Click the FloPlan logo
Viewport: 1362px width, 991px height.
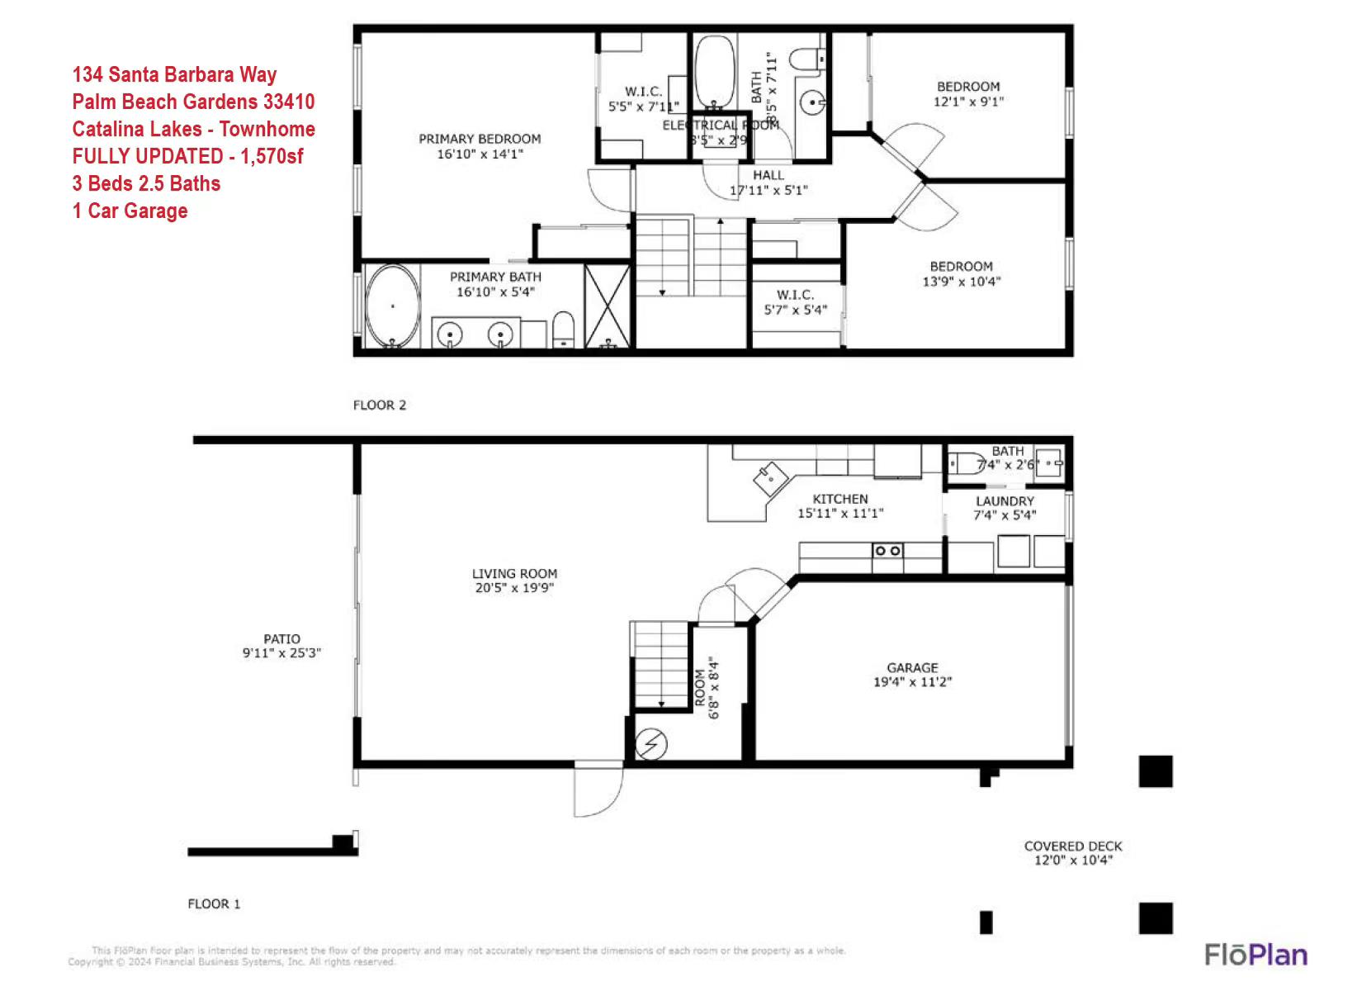1256,955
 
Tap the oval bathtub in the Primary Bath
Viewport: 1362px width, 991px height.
392,306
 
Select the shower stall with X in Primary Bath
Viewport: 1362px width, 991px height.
608,306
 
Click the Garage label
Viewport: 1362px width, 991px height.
912,667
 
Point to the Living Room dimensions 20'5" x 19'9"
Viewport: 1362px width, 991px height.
514,588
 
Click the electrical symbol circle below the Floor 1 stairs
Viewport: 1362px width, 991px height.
651,744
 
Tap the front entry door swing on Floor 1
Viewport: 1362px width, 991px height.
598,790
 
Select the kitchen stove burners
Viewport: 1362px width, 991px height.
887,550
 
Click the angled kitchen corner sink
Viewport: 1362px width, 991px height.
767,477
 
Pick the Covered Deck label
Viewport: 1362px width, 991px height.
1073,846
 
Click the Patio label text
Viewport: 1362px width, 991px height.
281,638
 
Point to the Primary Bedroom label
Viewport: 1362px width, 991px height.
480,139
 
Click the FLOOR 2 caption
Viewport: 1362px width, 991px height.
380,405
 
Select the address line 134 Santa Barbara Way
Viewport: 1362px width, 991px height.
174,74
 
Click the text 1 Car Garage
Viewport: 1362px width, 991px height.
130,211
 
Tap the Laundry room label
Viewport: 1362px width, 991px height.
1005,501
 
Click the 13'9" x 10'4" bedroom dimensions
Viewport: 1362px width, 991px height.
961,281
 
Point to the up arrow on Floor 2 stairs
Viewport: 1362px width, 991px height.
720,222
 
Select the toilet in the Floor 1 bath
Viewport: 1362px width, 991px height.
967,464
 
